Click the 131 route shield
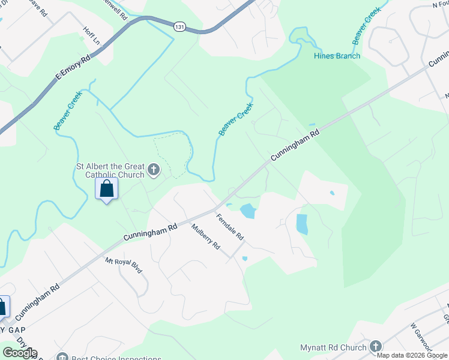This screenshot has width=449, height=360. click(179, 26)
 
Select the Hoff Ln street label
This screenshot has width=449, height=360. click(91, 36)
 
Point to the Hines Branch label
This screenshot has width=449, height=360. click(337, 56)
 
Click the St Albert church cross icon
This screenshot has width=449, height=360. click(153, 170)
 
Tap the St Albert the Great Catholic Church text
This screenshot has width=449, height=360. click(110, 170)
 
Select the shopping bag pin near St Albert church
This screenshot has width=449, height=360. click(107, 188)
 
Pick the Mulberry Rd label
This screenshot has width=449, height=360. click(206, 237)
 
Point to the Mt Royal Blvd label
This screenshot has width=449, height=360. click(124, 265)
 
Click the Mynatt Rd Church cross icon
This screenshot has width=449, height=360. click(376, 346)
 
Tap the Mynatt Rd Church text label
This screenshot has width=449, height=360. click(333, 347)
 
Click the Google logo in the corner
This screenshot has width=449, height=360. click(19, 353)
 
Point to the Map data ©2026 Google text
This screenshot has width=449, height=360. click(412, 355)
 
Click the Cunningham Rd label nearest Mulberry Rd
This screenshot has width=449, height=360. click(151, 232)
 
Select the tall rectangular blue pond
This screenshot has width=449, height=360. click(302, 224)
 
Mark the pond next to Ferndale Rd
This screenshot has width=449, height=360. click(247, 211)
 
